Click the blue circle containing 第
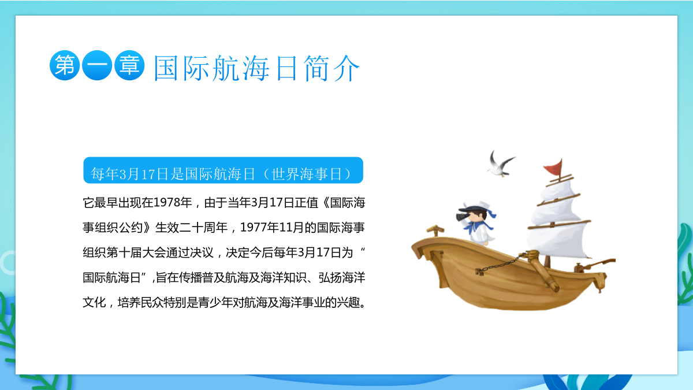pyautogui.click(x=65, y=65)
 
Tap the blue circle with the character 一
pyautogui.click(x=97, y=65)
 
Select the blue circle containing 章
pyautogui.click(x=129, y=65)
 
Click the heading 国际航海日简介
pyautogui.click(x=256, y=68)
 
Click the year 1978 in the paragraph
pyautogui.click(x=166, y=202)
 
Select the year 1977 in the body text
pyautogui.click(x=254, y=228)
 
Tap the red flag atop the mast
pyautogui.click(x=553, y=167)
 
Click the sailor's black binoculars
pyautogui.click(x=462, y=217)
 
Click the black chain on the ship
pyautogui.click(x=501, y=264)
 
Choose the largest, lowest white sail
pyautogui.click(x=558, y=240)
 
